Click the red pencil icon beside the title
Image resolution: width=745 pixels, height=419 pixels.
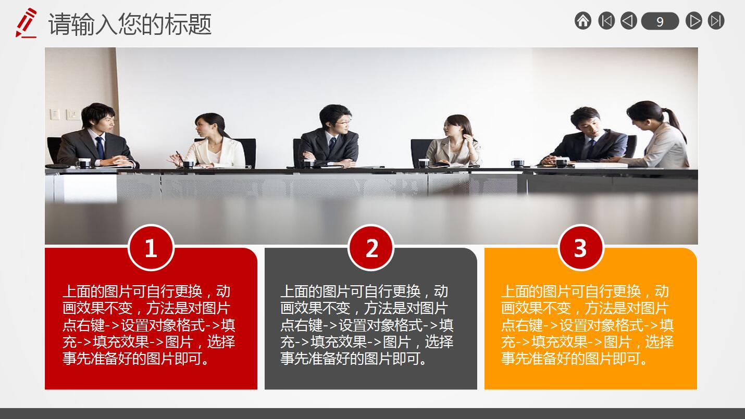tap(26, 22)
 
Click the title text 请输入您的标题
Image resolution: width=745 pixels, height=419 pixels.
tap(130, 24)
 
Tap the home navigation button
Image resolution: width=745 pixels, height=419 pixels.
tap(583, 21)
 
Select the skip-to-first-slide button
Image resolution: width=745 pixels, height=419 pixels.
tap(606, 21)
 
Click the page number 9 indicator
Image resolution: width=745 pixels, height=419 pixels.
tap(660, 21)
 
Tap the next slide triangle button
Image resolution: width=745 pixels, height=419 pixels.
tap(694, 21)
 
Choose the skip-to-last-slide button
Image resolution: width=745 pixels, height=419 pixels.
tap(716, 21)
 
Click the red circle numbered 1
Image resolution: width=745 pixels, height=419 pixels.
tap(151, 248)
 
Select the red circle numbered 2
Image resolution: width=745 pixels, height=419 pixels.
tap(371, 248)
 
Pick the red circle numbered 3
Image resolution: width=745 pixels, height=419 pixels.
tap(581, 248)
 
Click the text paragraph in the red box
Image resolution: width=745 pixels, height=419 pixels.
tap(148, 325)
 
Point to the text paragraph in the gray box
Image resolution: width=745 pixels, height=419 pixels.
tap(367, 325)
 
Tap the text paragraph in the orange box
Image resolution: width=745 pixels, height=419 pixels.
tap(587, 325)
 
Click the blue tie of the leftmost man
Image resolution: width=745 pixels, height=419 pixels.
tap(100, 147)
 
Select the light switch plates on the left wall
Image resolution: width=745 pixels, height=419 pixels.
tap(65, 114)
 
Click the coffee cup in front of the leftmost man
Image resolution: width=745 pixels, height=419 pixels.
tap(84, 162)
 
